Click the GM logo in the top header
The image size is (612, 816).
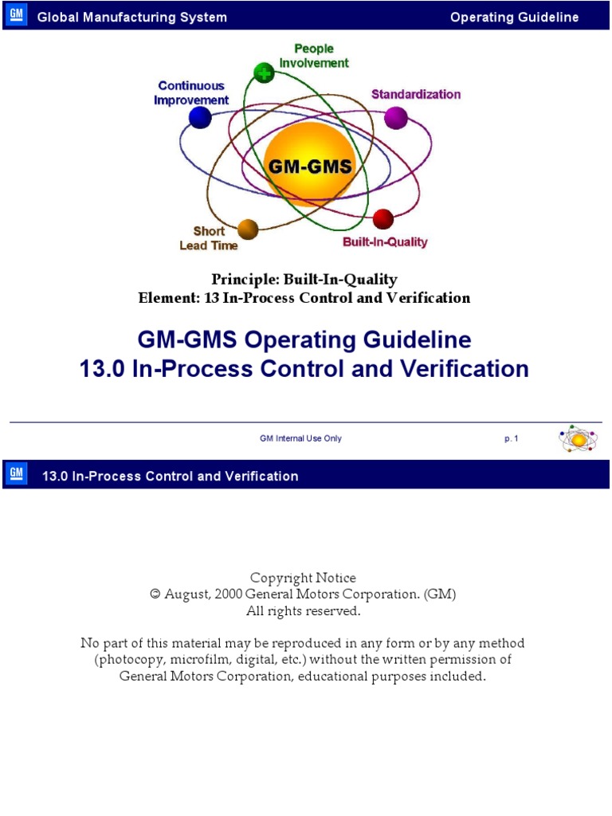click(16, 16)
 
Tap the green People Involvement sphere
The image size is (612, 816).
click(263, 73)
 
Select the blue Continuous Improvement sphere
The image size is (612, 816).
click(200, 118)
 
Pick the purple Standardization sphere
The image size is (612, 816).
click(396, 118)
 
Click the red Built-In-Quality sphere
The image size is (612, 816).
click(383, 219)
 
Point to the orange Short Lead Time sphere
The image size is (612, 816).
click(248, 229)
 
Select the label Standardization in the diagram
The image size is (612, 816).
click(415, 94)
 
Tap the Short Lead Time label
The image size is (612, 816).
click(209, 238)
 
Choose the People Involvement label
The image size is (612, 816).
click(314, 56)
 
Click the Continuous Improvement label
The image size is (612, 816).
click(191, 93)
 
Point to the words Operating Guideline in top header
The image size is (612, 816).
click(514, 18)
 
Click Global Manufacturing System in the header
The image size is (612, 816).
click(132, 18)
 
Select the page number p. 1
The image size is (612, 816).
click(511, 438)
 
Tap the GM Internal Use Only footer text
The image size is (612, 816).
click(300, 438)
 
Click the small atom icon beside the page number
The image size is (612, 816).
click(579, 439)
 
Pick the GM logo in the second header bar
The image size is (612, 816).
click(16, 475)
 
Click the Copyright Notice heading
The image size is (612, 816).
click(303, 578)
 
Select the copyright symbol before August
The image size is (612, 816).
click(155, 594)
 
